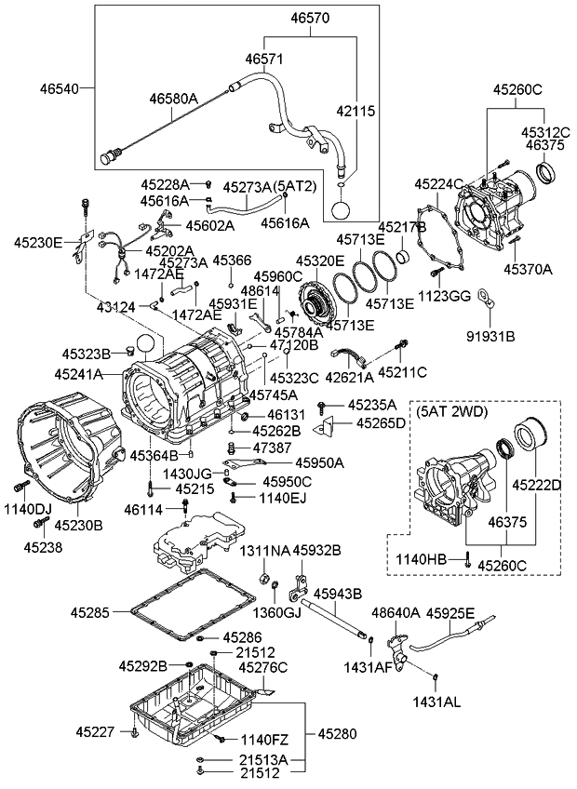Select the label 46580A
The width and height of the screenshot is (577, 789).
click(x=174, y=98)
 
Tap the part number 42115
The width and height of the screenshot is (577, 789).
click(x=356, y=110)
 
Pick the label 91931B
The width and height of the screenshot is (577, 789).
click(x=489, y=333)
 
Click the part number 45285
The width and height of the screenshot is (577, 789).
click(x=92, y=612)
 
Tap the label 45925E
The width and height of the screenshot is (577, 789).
click(x=451, y=614)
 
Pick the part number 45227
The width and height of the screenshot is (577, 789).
click(x=98, y=732)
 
